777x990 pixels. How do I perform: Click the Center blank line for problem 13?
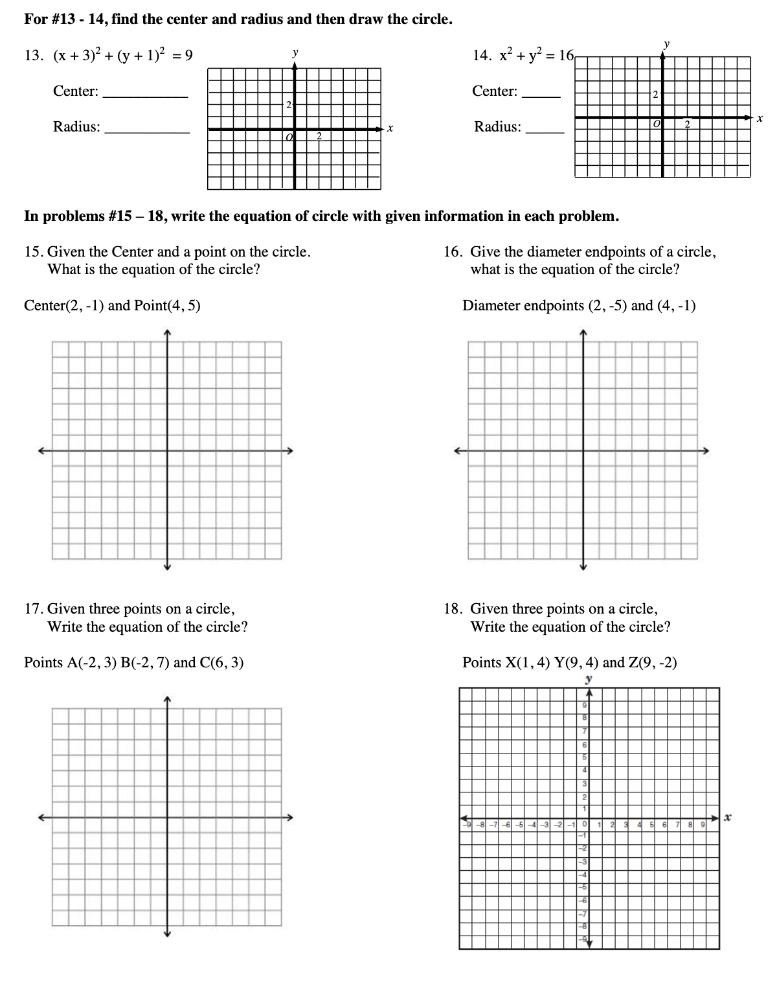click(x=145, y=96)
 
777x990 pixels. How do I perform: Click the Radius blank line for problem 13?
click(x=147, y=132)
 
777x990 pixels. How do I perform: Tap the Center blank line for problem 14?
click(x=541, y=96)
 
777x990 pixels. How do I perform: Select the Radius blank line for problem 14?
click(x=545, y=132)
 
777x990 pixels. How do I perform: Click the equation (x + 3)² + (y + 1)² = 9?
click(x=118, y=55)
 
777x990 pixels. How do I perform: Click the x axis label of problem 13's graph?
click(x=390, y=130)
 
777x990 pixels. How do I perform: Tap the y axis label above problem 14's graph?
click(x=666, y=44)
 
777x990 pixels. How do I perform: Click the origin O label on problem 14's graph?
click(x=657, y=123)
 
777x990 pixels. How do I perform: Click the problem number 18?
click(x=453, y=608)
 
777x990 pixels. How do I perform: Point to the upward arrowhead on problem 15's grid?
click(x=167, y=333)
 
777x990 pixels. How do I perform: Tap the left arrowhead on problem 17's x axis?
click(x=41, y=816)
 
